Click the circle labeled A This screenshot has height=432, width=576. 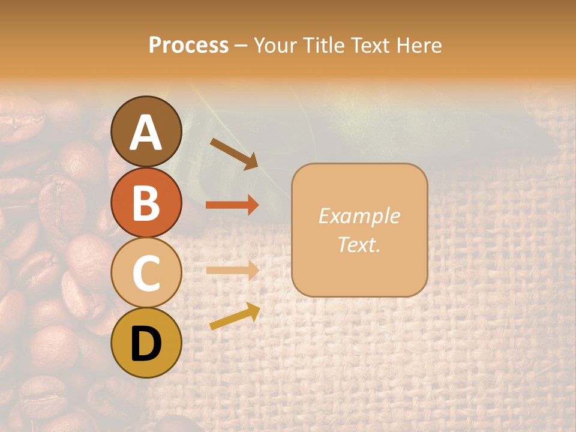pos(146,131)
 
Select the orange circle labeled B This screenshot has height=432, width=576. pos(146,202)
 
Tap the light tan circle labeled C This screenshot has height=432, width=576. pos(146,272)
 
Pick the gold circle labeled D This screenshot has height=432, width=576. pos(146,343)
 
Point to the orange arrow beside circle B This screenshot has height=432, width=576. pos(232,205)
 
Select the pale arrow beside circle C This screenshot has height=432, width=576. pos(232,270)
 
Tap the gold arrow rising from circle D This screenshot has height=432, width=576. pos(235,316)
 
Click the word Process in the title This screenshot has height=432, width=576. pos(188,45)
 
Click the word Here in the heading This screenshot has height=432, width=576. pos(419,45)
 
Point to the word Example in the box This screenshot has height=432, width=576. pos(359,216)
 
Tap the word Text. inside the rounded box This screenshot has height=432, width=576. pos(359,244)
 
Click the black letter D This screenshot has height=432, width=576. pos(146,344)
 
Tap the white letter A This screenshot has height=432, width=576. pos(146,133)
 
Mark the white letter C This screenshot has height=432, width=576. pos(146,274)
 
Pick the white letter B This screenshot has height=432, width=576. pos(146,203)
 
